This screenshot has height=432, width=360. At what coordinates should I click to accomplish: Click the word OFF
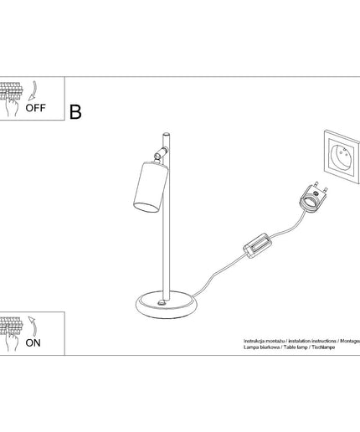coord(35,108)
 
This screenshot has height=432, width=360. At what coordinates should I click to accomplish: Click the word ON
coord(33,343)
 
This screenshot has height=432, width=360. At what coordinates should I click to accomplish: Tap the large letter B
coord(75,112)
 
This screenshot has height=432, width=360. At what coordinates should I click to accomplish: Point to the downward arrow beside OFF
coord(33,90)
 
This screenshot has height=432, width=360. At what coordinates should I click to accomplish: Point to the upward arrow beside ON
coord(33,326)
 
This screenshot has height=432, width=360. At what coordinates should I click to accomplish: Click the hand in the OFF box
coord(12,106)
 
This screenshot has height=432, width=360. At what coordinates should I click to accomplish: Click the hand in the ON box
coord(12,341)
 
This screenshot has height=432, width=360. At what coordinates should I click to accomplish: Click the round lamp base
coord(167,305)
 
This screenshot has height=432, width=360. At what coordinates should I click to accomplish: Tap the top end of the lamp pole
coord(167,134)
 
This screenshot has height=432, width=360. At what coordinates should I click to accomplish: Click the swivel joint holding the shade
coord(161,153)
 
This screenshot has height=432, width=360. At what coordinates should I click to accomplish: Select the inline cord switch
coord(257,245)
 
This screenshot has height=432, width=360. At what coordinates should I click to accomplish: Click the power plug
coord(313,198)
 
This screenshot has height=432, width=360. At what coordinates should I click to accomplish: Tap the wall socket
coord(342,157)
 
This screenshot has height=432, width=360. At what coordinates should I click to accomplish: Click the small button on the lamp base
coord(162,302)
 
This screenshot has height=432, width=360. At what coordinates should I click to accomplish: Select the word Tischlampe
coord(323,347)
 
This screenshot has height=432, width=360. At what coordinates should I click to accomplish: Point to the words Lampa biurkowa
coord(261,347)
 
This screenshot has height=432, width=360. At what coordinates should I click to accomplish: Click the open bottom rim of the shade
coord(146,208)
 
